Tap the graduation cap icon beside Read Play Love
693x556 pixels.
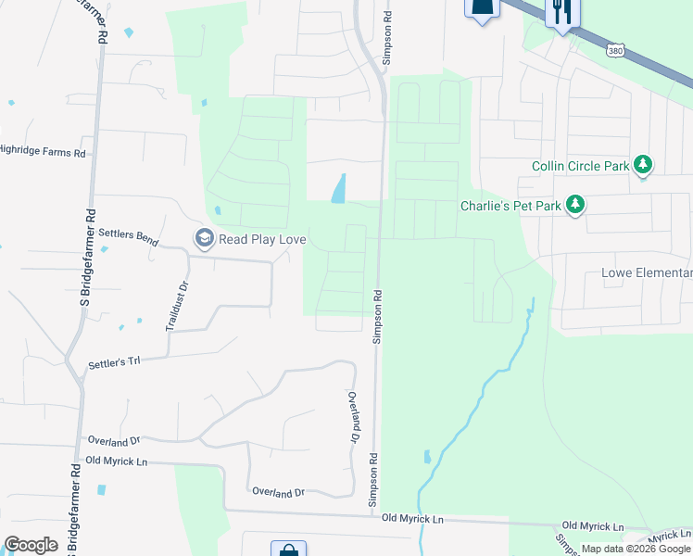pyautogui.click(x=203, y=239)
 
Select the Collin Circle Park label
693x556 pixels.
pyautogui.click(x=580, y=167)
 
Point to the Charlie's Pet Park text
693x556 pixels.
pyautogui.click(x=510, y=205)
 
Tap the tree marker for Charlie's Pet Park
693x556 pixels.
pyautogui.click(x=575, y=204)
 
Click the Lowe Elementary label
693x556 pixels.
pyautogui.click(x=647, y=272)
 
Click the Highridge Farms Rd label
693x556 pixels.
pyautogui.click(x=43, y=152)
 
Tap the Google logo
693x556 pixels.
pyautogui.click(x=31, y=545)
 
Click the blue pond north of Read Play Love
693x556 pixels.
pyautogui.click(x=339, y=189)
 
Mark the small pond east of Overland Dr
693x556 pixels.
pyautogui.click(x=427, y=457)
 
